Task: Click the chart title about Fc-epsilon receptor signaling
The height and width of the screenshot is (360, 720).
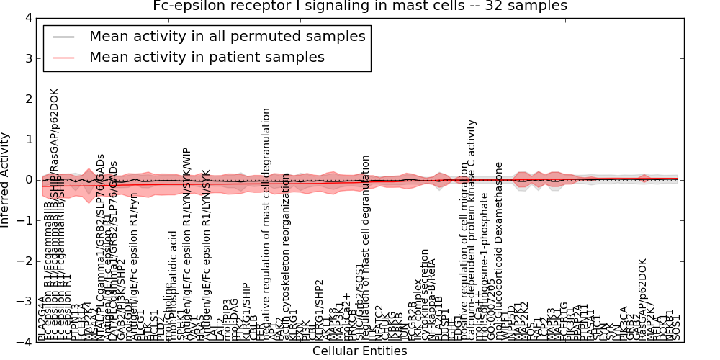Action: pos(360,6)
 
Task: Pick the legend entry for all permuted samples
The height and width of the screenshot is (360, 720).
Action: pos(227,36)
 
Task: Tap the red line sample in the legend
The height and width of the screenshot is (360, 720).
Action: pos(63,57)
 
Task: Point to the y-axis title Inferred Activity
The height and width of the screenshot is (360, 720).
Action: pos(6,180)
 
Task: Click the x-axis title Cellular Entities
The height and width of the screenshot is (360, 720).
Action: pos(360,351)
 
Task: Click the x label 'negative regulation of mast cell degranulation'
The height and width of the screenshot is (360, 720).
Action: pos(266,223)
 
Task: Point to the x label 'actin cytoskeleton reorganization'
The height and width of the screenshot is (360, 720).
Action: pos(287,252)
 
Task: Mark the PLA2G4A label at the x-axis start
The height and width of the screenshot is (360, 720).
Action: pos(41,318)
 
